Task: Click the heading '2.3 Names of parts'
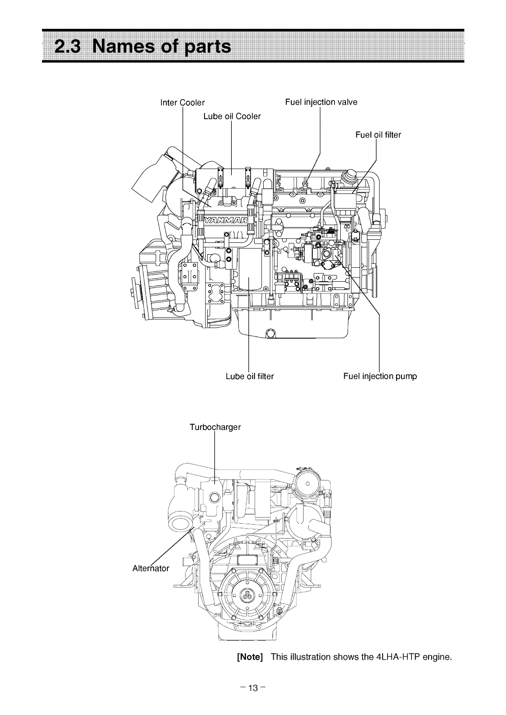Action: point(143,46)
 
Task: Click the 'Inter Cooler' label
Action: point(182,103)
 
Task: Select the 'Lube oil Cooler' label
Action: point(232,116)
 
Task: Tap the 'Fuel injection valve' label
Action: point(321,102)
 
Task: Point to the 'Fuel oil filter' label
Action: point(378,135)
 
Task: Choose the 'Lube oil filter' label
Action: point(249,376)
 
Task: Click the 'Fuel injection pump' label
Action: point(380,376)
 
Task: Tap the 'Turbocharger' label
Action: point(215,427)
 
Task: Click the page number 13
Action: point(253,677)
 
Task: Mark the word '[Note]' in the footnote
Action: point(249,657)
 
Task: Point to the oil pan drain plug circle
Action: point(271,334)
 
